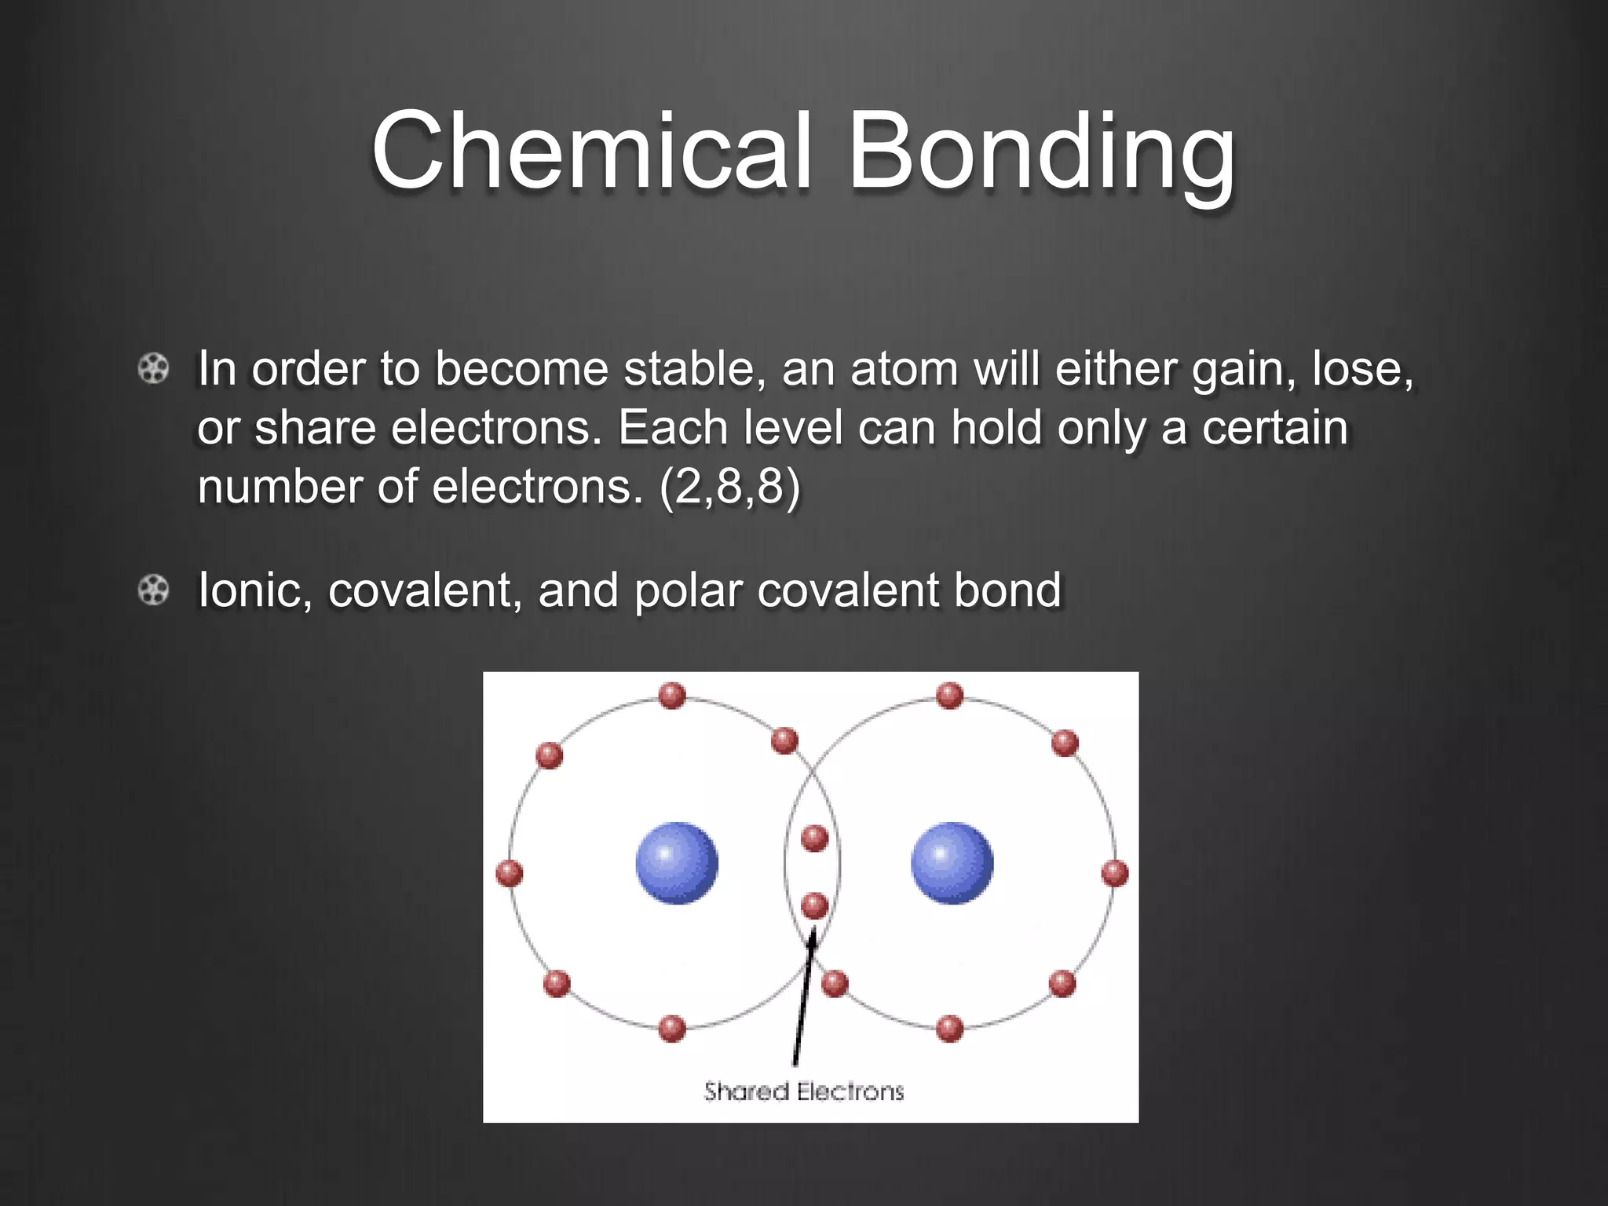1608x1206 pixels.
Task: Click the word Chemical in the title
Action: [591, 151]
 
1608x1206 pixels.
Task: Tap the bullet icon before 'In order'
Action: [154, 368]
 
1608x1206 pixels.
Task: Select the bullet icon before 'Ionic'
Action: [154, 590]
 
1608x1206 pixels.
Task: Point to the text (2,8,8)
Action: [730, 486]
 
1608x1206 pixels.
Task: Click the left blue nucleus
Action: [677, 863]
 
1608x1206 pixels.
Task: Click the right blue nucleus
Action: [952, 863]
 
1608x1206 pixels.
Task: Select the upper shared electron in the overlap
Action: [814, 838]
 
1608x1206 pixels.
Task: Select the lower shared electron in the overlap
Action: [814, 906]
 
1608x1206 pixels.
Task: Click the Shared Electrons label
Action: [804, 1091]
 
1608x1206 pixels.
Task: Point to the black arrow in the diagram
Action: [803, 997]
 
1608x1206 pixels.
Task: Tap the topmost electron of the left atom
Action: [672, 696]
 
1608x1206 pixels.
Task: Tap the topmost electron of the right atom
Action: [949, 696]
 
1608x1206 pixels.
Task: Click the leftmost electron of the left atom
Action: [510, 873]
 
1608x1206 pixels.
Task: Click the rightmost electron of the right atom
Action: [1115, 873]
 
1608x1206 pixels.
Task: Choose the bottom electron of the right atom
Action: [949, 1029]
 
